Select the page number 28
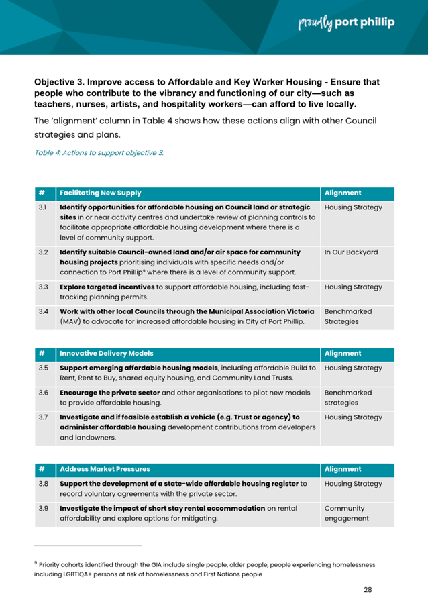click(368, 589)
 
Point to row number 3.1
click(43, 207)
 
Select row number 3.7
click(43, 417)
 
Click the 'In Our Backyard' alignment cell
click(351, 252)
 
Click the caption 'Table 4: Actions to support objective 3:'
click(99, 152)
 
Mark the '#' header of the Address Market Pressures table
click(43, 469)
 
